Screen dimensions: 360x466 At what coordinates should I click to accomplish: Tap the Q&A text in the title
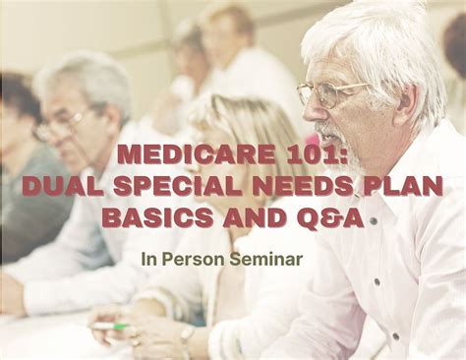pos(329,216)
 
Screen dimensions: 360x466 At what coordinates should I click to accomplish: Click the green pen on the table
pos(109,325)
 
